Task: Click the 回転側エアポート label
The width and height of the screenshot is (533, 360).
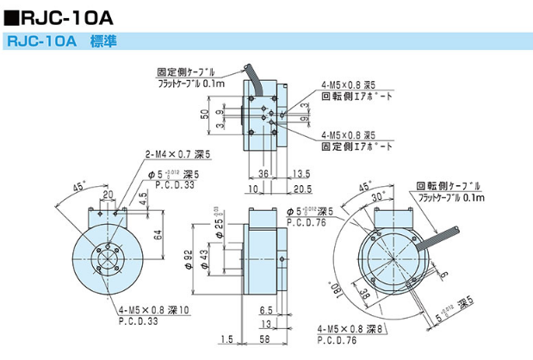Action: (x=356, y=97)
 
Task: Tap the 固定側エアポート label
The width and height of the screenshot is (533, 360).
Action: (x=356, y=147)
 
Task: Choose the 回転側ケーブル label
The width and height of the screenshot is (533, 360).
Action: (x=444, y=185)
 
